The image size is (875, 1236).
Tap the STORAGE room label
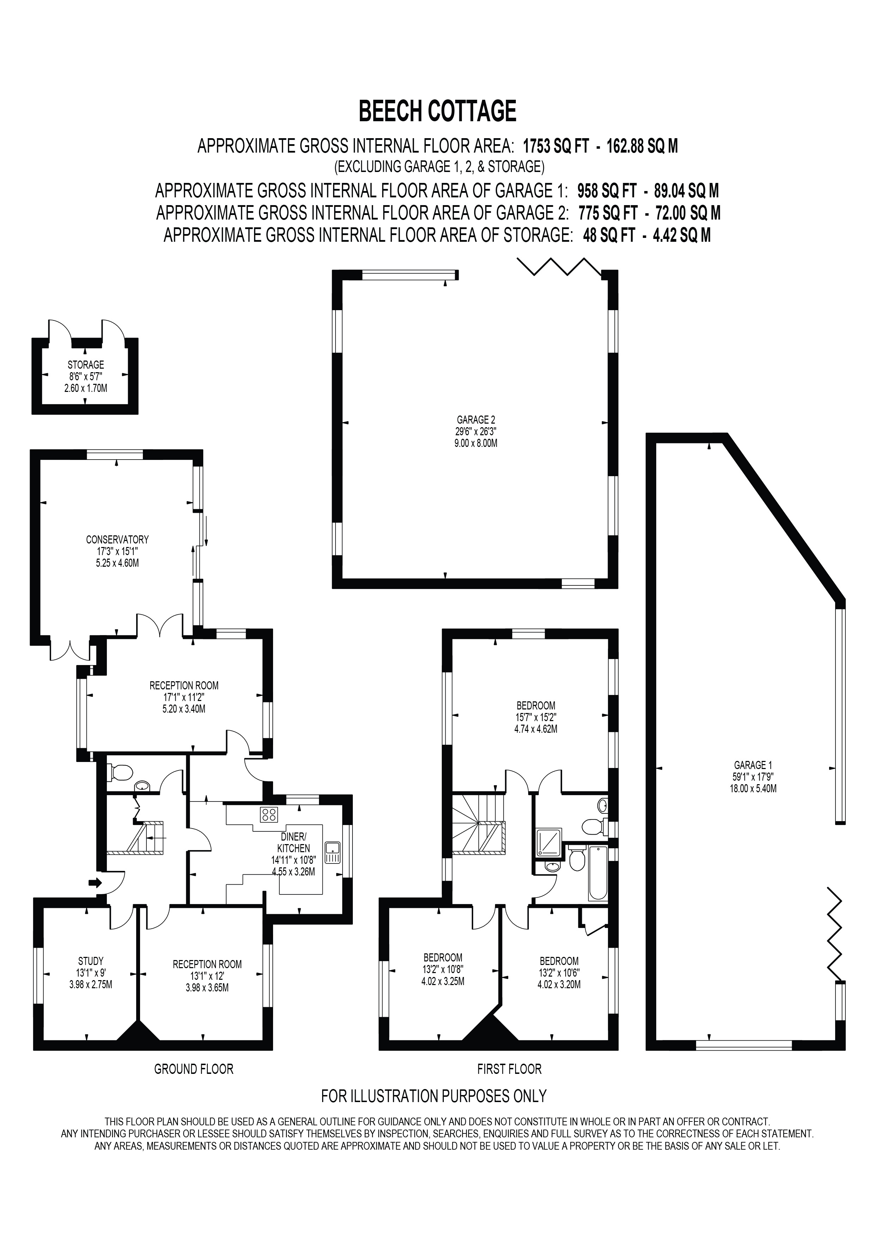86,365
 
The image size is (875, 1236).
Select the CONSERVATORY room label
117,539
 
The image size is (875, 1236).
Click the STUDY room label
91,961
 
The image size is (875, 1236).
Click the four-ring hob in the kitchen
268,814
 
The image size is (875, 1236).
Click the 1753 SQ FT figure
555,146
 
